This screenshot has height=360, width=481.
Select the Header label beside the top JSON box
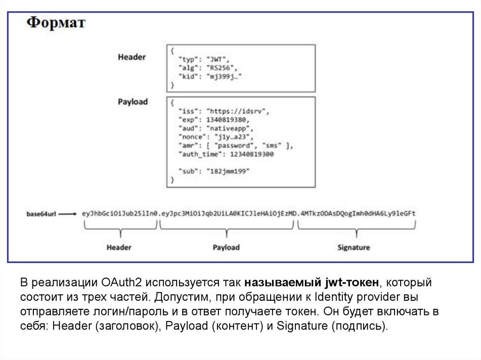[132, 57]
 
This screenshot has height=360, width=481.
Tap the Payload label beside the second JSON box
[132, 102]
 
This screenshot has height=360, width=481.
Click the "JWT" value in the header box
[219, 59]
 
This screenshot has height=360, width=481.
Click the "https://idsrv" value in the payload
[238, 112]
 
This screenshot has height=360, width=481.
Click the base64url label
[41, 214]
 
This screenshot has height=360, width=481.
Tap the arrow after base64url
[69, 214]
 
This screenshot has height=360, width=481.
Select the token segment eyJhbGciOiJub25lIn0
[120, 214]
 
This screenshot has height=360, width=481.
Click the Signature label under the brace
[353, 247]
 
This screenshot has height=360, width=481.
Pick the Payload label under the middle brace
[226, 247]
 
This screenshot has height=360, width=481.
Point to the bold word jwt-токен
[352, 283]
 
